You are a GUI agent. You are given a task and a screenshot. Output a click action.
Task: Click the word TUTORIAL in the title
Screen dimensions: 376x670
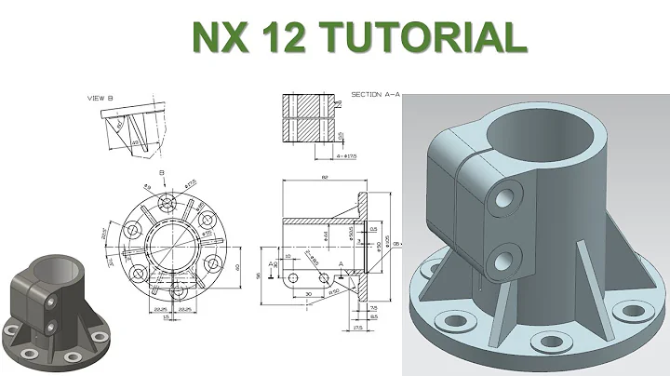(426, 36)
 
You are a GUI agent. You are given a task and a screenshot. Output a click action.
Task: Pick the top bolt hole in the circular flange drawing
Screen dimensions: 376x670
(168, 202)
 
